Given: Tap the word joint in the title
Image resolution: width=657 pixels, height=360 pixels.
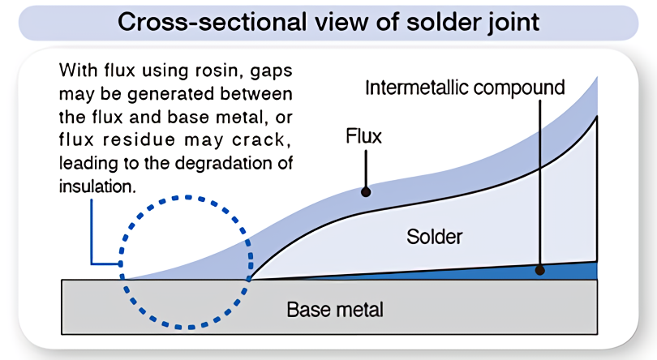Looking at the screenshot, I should tap(508, 22).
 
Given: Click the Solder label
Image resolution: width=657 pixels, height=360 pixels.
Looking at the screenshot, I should tap(434, 237).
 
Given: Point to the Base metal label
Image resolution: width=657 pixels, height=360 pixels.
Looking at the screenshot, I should tap(334, 309).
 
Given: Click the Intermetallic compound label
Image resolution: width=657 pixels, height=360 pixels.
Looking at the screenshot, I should tap(465, 87).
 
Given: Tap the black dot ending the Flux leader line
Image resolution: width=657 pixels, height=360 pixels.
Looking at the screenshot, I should tap(366, 192).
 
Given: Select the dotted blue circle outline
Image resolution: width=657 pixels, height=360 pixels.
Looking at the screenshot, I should tap(188, 197).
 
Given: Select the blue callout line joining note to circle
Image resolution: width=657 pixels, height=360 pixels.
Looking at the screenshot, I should tap(92, 235).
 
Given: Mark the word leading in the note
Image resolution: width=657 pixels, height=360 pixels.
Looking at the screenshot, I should tap(85, 162).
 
